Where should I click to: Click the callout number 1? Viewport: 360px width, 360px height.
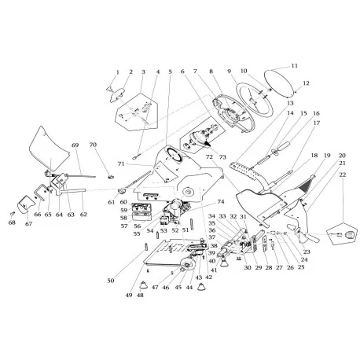pyautogui.click(x=117, y=72)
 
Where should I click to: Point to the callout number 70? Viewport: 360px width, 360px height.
pyautogui.click(x=93, y=145)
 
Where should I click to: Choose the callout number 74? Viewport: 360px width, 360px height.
pyautogui.click(x=211, y=201)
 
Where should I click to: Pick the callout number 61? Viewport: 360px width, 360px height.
pyautogui.click(x=112, y=202)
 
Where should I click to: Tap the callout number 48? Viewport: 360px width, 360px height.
pyautogui.click(x=140, y=296)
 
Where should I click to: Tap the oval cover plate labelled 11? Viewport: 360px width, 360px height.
pyautogui.click(x=278, y=84)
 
